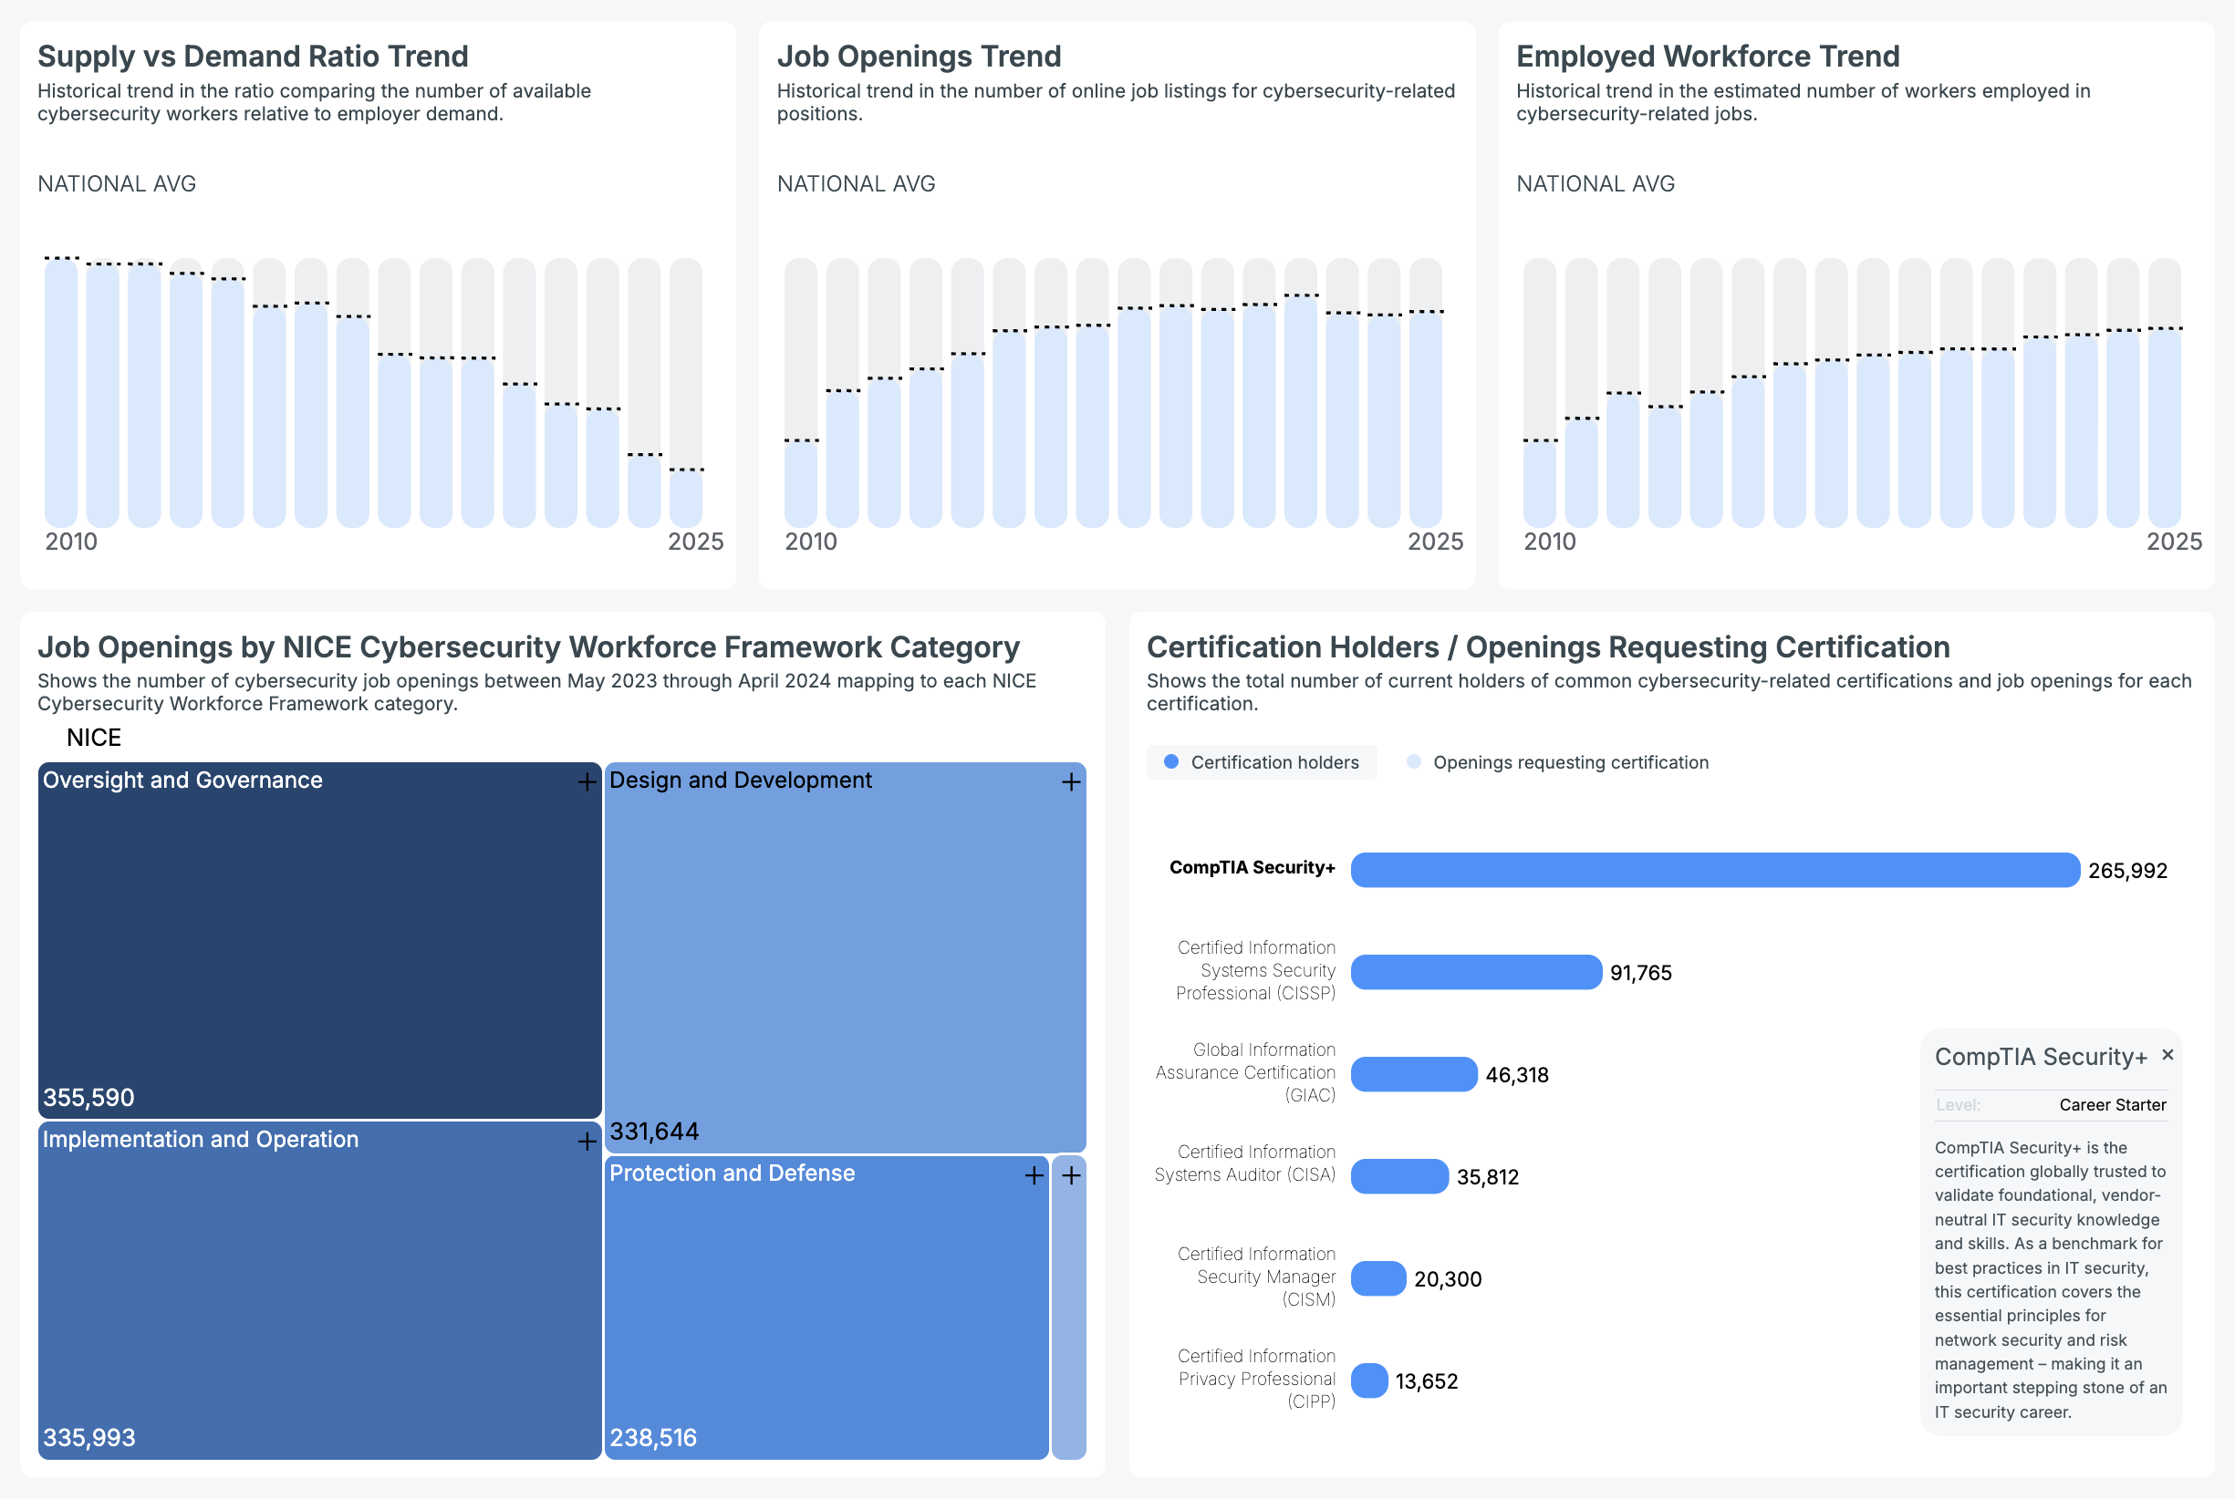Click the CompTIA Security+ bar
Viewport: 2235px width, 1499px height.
tap(1714, 870)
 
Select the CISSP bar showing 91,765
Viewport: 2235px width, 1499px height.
tap(1475, 972)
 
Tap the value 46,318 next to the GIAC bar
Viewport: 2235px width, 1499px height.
tap(1517, 1074)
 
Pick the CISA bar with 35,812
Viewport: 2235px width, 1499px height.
tap(1398, 1177)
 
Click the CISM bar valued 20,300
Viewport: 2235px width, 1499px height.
tap(1377, 1279)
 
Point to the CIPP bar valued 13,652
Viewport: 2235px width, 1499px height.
tap(1368, 1381)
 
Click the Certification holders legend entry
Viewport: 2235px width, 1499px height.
tap(1262, 762)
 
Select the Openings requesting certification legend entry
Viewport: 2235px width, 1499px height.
tap(1558, 762)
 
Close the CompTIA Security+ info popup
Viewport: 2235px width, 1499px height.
tap(2167, 1054)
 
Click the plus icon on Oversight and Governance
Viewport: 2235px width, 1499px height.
tap(587, 782)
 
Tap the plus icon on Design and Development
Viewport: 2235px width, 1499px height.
tap(1071, 782)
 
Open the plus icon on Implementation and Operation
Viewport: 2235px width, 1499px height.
tap(587, 1142)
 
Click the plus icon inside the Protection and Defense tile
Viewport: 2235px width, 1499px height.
tap(1034, 1175)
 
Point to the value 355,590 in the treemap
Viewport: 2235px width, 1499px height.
tap(88, 1098)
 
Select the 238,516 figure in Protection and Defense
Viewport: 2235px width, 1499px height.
tap(653, 1438)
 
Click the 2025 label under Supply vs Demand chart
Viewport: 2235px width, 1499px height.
tap(695, 542)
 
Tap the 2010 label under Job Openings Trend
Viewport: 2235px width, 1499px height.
tap(810, 542)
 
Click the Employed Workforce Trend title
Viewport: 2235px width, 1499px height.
tap(1707, 57)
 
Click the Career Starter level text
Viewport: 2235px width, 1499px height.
tap(2113, 1105)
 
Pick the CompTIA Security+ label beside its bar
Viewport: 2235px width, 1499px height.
tap(1252, 867)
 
